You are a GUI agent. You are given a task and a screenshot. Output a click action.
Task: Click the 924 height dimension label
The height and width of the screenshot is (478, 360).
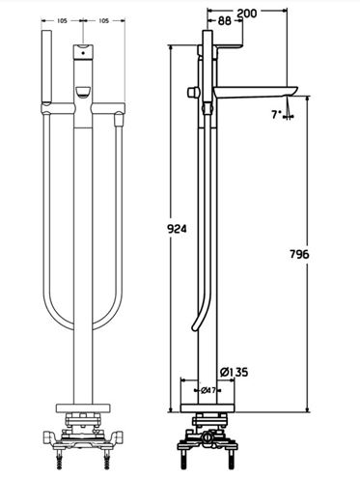pyautogui.click(x=177, y=229)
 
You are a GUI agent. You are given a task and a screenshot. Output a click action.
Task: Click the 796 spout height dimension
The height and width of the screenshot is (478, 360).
pyautogui.click(x=299, y=254)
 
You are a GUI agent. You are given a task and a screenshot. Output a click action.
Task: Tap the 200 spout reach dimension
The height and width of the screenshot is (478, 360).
pyautogui.click(x=247, y=14)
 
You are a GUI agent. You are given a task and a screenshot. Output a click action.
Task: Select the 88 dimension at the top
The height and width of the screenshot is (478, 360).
pyautogui.click(x=225, y=21)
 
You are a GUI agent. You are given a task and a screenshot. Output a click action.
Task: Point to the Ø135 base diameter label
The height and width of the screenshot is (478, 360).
pyautogui.click(x=235, y=373)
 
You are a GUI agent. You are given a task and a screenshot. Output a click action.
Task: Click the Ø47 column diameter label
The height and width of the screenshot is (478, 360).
pyautogui.click(x=208, y=390)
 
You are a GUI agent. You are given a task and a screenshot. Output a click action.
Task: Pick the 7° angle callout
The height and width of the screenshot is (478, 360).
pyautogui.click(x=277, y=114)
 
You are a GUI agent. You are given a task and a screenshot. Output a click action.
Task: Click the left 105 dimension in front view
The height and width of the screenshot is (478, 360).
pyautogui.click(x=62, y=21)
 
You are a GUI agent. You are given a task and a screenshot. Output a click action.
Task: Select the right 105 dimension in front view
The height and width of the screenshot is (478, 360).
pyautogui.click(x=103, y=21)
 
